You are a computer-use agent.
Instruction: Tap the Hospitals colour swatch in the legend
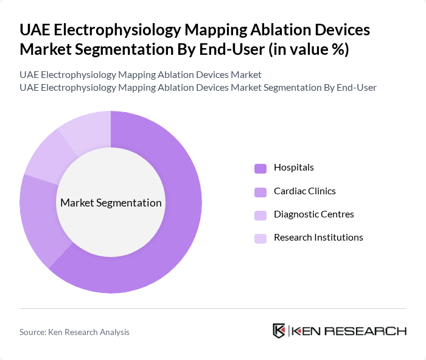[260, 168]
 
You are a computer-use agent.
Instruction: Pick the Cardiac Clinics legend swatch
[260, 192]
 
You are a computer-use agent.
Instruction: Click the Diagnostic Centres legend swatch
[260, 215]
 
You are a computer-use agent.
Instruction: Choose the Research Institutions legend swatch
[260, 238]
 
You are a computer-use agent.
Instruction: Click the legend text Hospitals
[294, 168]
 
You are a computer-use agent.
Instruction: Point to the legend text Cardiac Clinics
[304, 191]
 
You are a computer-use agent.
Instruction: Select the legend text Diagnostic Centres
[313, 214]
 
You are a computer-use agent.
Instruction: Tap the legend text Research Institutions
[318, 238]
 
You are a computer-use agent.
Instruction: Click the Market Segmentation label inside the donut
[111, 203]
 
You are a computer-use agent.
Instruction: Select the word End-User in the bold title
[229, 49]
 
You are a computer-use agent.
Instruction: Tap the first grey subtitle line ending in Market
[141, 74]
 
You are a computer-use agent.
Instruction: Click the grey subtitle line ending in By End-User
[198, 87]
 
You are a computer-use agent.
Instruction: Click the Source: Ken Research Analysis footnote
[74, 332]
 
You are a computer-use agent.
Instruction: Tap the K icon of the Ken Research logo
[279, 331]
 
